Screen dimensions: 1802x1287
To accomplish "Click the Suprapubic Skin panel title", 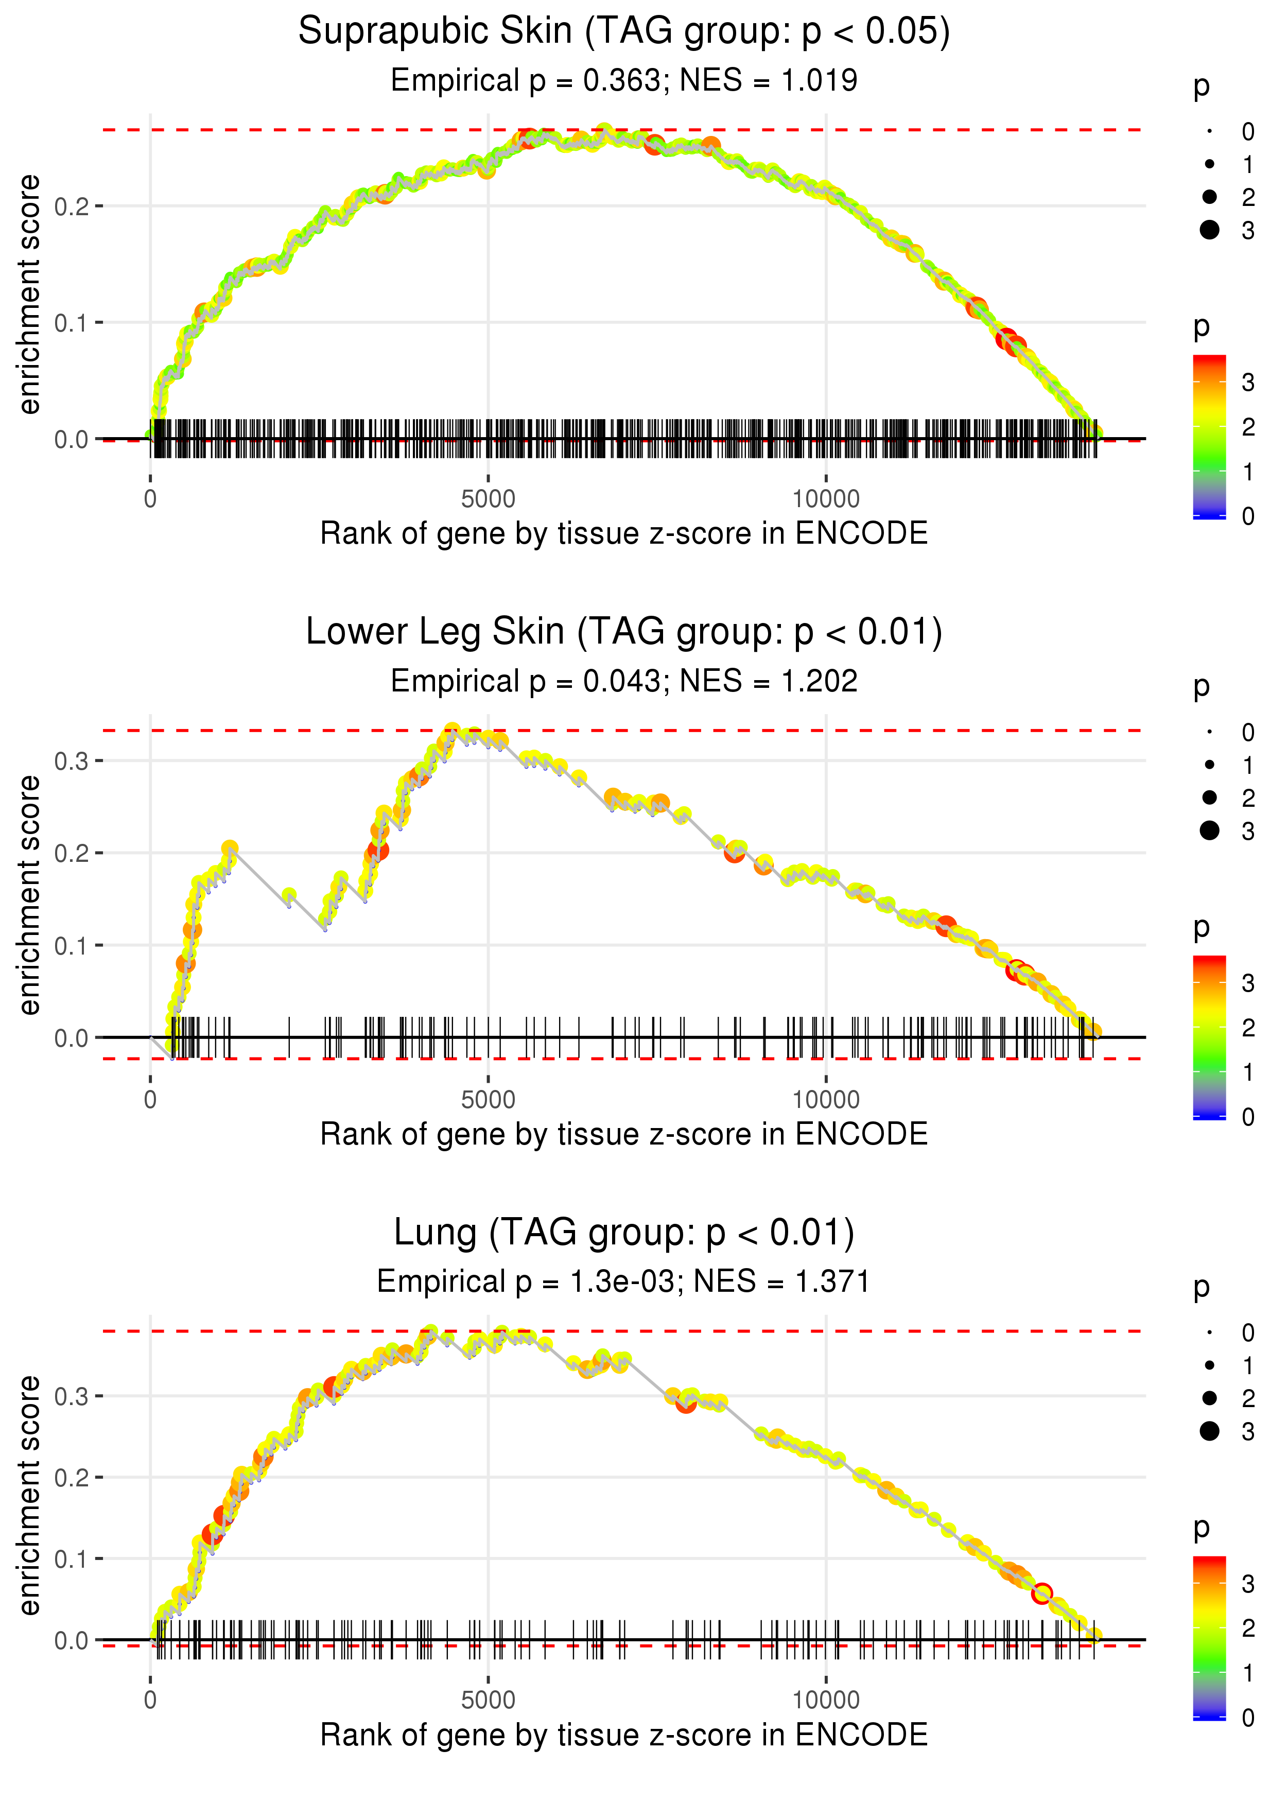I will tap(624, 32).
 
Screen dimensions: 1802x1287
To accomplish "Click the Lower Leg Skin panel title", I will tap(624, 632).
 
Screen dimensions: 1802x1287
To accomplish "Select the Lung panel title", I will tap(624, 1233).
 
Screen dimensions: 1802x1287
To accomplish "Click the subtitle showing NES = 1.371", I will tap(781, 1281).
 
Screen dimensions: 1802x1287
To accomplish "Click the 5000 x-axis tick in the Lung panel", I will tap(488, 1701).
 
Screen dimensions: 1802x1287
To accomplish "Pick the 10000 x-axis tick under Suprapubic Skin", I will tap(826, 499).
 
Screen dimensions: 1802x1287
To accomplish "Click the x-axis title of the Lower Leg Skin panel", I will tap(624, 1134).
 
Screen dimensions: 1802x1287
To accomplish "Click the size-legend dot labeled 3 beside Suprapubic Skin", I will tap(1209, 230).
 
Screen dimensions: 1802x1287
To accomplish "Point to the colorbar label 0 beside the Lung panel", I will tap(1248, 1718).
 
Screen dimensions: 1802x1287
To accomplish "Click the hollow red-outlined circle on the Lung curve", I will tap(1042, 1593).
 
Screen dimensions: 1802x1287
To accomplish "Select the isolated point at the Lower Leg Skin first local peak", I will tap(230, 848).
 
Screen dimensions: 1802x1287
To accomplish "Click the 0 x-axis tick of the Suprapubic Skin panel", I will tap(150, 499).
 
